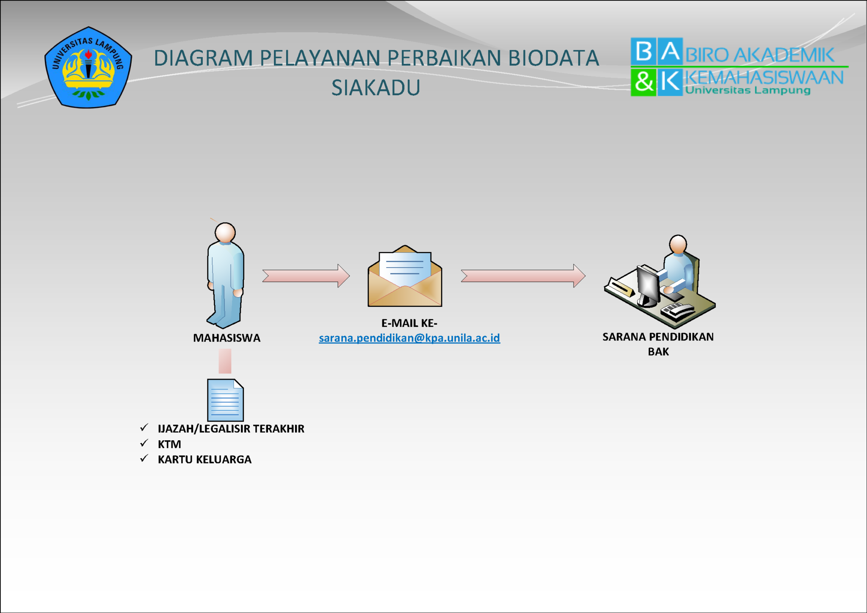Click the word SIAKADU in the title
(x=376, y=88)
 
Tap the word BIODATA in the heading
(x=553, y=58)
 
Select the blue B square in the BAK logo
(x=643, y=51)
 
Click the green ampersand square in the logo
(x=643, y=82)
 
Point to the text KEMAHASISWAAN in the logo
(x=764, y=78)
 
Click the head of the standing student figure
(x=225, y=232)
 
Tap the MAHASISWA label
(x=226, y=338)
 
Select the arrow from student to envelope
(x=306, y=276)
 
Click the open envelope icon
(x=405, y=277)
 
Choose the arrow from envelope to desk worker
(x=523, y=276)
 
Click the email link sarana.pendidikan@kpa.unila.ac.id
(x=409, y=338)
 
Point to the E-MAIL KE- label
(x=409, y=323)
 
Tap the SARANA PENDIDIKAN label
(x=658, y=337)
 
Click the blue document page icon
(x=225, y=400)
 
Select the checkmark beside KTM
(x=144, y=443)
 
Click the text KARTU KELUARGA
(x=204, y=459)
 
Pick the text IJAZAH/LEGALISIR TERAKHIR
(x=231, y=428)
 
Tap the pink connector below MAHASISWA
(x=225, y=361)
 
